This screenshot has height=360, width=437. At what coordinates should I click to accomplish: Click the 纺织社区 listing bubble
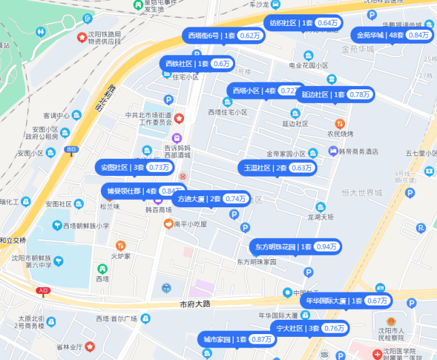click(x=303, y=22)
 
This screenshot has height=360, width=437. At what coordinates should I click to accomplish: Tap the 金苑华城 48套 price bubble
click(x=392, y=35)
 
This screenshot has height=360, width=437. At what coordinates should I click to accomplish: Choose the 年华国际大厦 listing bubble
click(x=346, y=301)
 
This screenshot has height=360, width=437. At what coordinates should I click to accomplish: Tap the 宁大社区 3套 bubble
click(x=308, y=328)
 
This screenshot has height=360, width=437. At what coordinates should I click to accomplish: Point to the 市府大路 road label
click(x=196, y=304)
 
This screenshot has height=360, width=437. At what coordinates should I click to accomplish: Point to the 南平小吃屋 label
click(x=190, y=223)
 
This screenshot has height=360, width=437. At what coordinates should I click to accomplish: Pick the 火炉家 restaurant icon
click(x=121, y=245)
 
